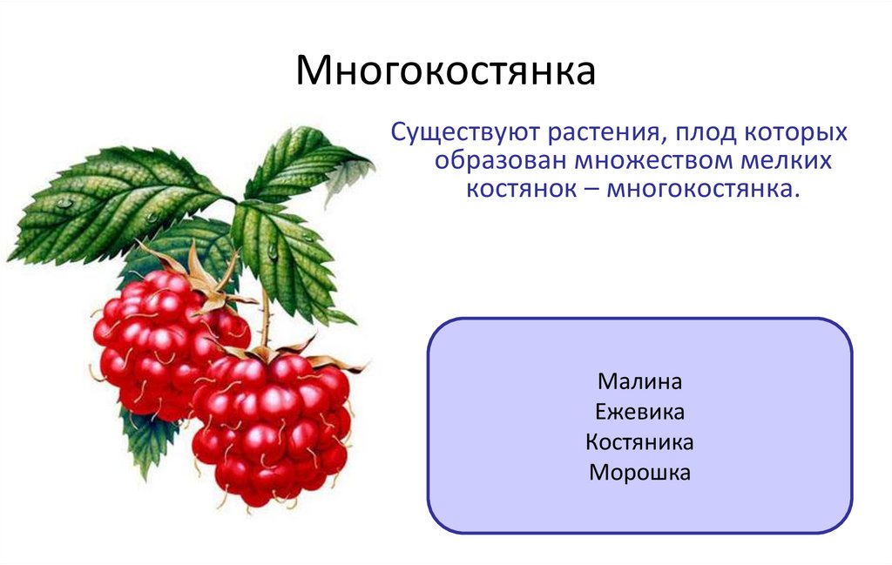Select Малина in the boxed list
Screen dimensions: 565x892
pyautogui.click(x=639, y=381)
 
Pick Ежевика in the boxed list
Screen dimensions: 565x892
pyautogui.click(x=639, y=412)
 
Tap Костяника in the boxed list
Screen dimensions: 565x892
pyautogui.click(x=639, y=442)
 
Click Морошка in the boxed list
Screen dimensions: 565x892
pyautogui.click(x=639, y=473)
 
